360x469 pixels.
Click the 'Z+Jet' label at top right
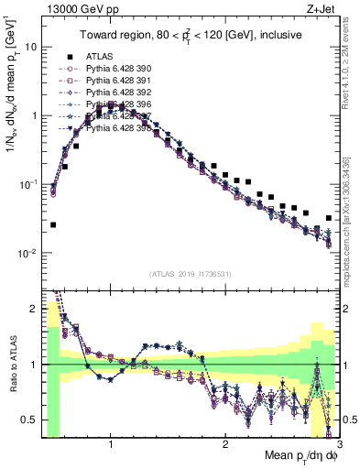322,8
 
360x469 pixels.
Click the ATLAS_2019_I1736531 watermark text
191,273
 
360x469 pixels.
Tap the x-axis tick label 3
338,443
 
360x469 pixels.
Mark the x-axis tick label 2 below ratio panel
224,443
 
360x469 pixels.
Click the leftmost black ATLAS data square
53,224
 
